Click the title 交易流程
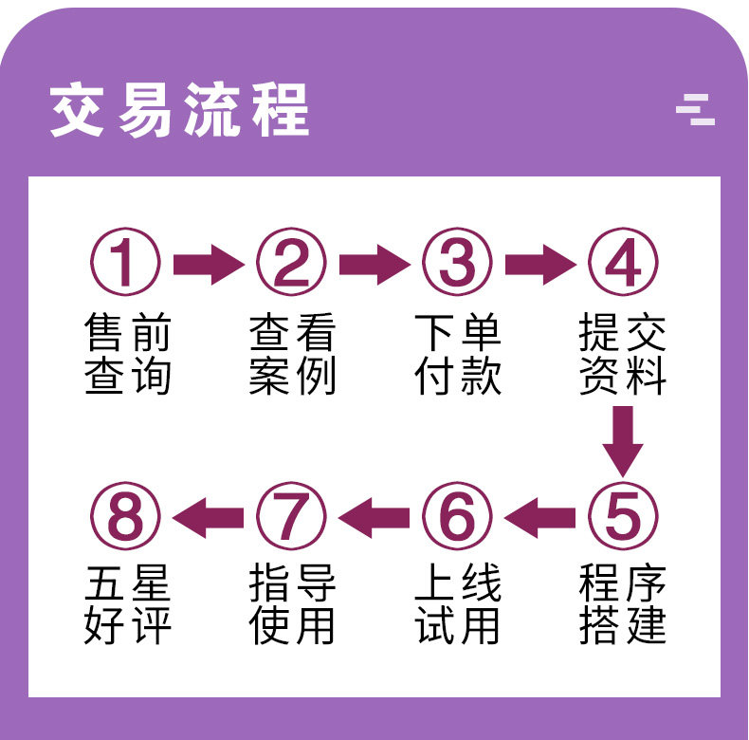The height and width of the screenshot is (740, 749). pyautogui.click(x=179, y=111)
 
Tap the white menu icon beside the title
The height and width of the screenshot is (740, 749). pyautogui.click(x=695, y=110)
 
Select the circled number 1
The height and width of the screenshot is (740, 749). pyautogui.click(x=125, y=263)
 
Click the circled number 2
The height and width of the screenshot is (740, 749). pyautogui.click(x=291, y=263)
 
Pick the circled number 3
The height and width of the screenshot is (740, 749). pyautogui.click(x=457, y=263)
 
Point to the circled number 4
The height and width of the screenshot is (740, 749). pyautogui.click(x=623, y=263)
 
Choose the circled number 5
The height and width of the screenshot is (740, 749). pyautogui.click(x=623, y=517)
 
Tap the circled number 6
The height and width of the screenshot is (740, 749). pyautogui.click(x=457, y=517)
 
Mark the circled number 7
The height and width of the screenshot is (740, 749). pyautogui.click(x=291, y=517)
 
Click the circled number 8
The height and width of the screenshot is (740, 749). pyautogui.click(x=125, y=517)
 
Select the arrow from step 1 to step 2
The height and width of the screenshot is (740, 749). pyautogui.click(x=208, y=263)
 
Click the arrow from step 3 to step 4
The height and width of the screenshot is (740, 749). pyautogui.click(x=539, y=263)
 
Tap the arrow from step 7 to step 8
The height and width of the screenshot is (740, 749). pyautogui.click(x=208, y=517)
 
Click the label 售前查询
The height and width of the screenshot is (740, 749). pyautogui.click(x=126, y=355)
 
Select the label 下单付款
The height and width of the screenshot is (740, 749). pyautogui.click(x=457, y=355)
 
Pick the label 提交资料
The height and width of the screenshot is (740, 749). pyautogui.click(x=623, y=355)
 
